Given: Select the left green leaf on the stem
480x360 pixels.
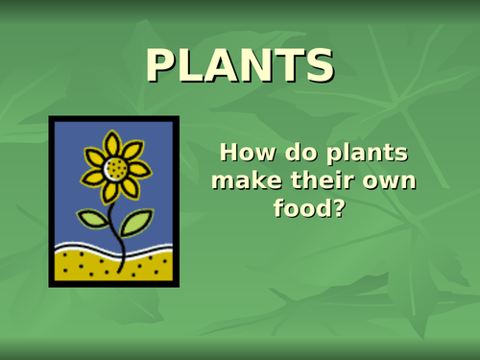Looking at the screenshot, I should [93, 219].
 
